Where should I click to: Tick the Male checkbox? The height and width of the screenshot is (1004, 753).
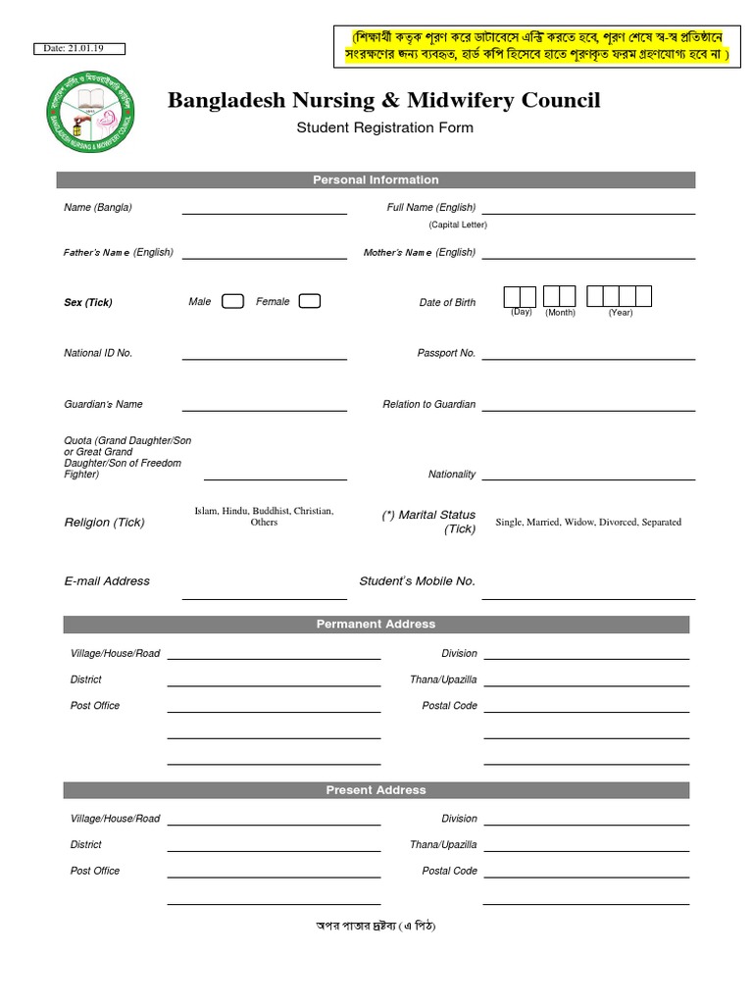click(232, 301)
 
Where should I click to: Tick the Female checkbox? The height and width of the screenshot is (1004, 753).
click(309, 301)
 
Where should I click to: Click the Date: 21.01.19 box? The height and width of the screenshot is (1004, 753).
click(81, 49)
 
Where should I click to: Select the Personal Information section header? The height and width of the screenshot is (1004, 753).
click(376, 180)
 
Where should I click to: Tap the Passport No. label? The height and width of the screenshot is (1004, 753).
click(446, 353)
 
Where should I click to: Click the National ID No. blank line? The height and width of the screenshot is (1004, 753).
click(264, 359)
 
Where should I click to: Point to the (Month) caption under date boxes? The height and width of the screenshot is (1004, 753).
click(561, 313)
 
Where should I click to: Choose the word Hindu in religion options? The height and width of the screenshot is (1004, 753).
click(235, 511)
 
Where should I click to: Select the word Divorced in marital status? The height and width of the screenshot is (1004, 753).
click(618, 523)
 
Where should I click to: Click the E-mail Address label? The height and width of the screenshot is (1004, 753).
click(107, 581)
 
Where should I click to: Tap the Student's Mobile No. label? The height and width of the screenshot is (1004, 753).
click(417, 581)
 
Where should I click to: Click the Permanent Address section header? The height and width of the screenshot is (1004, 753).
click(376, 625)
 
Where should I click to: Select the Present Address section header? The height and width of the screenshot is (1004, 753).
click(376, 790)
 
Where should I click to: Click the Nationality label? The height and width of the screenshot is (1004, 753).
click(452, 475)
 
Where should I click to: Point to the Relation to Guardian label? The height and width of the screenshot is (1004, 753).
click(429, 404)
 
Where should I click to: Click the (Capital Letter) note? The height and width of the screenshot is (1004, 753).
click(458, 225)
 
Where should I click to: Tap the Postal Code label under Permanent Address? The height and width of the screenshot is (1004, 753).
click(450, 706)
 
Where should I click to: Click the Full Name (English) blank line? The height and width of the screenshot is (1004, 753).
click(588, 213)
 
